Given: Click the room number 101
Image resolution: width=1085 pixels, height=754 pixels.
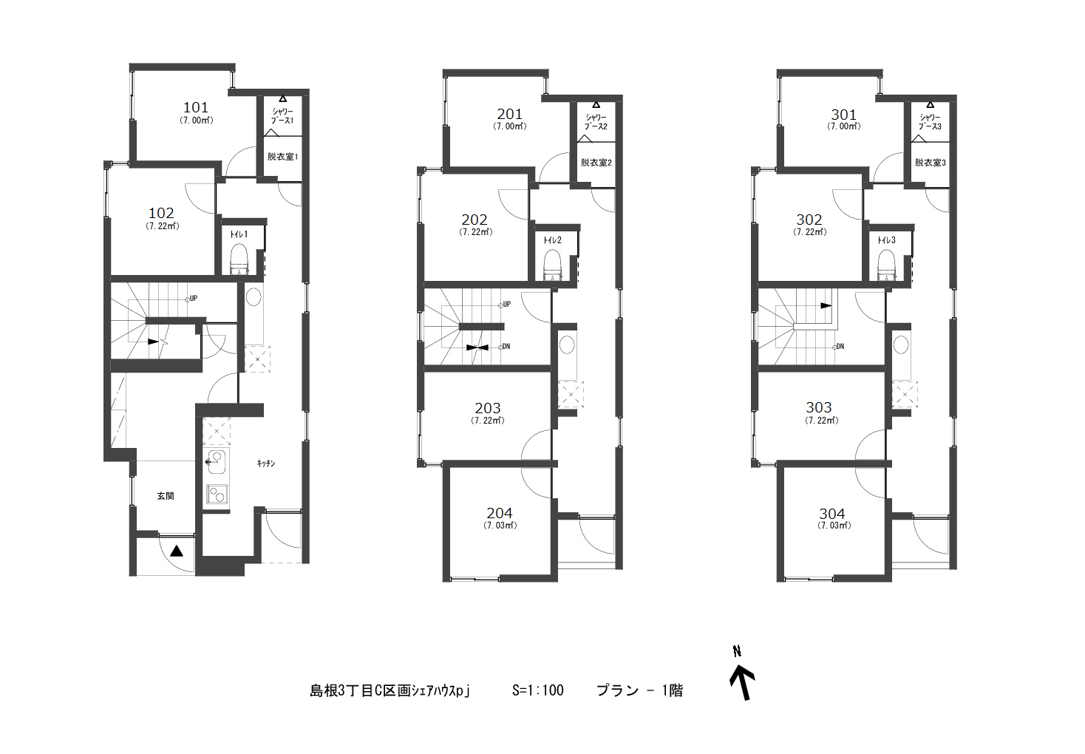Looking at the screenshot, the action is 196,107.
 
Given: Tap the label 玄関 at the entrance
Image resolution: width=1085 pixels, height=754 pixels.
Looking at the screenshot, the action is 165,496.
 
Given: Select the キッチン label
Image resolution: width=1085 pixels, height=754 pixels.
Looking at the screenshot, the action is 265,463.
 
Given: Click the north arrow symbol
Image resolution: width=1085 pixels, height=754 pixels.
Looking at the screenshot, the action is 743,683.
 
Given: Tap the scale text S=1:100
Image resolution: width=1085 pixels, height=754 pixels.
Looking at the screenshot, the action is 537,690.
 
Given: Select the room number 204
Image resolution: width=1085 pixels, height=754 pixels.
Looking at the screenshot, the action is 500,513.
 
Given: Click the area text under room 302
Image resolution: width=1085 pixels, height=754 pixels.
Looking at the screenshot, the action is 809,231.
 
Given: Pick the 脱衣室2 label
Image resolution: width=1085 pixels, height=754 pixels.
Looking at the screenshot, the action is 596,163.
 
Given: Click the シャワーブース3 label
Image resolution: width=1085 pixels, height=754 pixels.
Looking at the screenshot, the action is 930,122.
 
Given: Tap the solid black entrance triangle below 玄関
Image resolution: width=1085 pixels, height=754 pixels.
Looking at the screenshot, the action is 177,551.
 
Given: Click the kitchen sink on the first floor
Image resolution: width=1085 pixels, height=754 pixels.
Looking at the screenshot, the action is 216,461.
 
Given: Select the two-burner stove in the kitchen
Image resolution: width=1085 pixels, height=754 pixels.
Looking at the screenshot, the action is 217,494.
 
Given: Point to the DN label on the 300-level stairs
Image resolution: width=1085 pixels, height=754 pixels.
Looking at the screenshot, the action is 840,347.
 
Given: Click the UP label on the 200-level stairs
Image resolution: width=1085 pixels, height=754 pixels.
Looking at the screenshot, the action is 507,305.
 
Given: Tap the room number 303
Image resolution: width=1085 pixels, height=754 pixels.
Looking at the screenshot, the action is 819,407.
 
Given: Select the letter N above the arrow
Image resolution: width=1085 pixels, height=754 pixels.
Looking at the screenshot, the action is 737,651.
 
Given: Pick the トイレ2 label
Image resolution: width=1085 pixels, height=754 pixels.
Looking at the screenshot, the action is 552,240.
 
